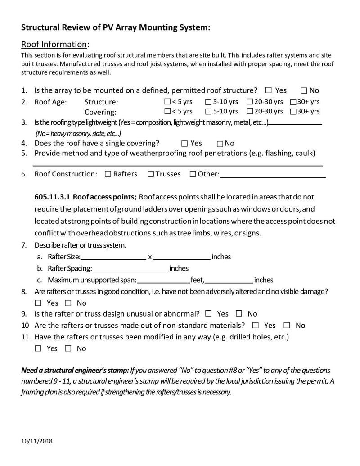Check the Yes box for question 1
point(269,90)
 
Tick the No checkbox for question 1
point(304,90)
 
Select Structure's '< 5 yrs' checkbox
point(167,102)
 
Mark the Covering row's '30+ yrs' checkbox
point(293,111)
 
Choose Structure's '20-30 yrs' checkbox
point(250,102)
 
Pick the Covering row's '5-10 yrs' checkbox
point(208,111)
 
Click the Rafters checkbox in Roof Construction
point(108,174)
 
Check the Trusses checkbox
point(151,174)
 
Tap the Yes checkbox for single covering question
point(184,144)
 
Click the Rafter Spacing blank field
point(130,269)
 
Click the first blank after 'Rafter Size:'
point(113,257)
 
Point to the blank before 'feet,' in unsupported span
point(163,280)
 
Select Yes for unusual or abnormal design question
point(208,314)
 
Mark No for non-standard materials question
point(287,325)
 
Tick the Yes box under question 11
point(38,348)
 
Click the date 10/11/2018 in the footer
point(37,441)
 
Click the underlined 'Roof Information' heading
point(54,44)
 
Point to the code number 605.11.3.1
point(52,197)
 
